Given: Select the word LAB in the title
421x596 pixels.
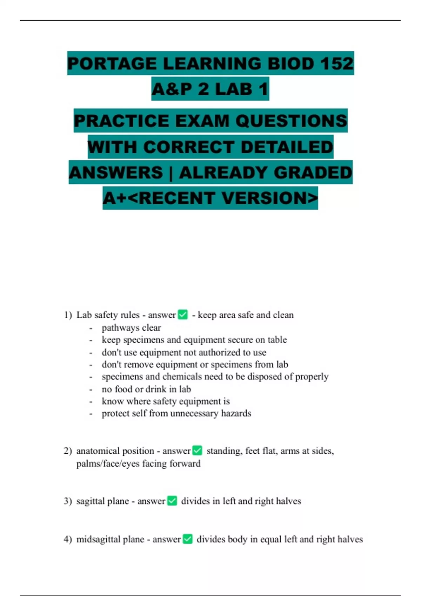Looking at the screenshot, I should pyautogui.click(x=233, y=89).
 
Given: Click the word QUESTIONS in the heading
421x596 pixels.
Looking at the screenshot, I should pyautogui.click(x=291, y=121).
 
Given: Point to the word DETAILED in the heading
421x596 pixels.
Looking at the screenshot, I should pyautogui.click(x=287, y=147).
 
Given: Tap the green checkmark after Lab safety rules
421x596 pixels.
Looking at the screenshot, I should pyautogui.click(x=183, y=314).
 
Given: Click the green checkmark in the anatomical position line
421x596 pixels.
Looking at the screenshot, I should pyautogui.click(x=198, y=450).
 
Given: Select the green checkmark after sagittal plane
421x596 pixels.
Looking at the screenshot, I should pyautogui.click(x=172, y=501).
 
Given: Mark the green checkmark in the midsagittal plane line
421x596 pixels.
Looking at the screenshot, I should pyautogui.click(x=188, y=539).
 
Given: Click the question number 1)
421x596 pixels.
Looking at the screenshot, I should pyautogui.click(x=68, y=315).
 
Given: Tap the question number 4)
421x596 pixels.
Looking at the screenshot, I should pyautogui.click(x=68, y=539).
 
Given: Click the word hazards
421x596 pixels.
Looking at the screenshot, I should pyautogui.click(x=236, y=413).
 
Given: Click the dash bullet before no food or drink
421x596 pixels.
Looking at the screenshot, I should pyautogui.click(x=91, y=390).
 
